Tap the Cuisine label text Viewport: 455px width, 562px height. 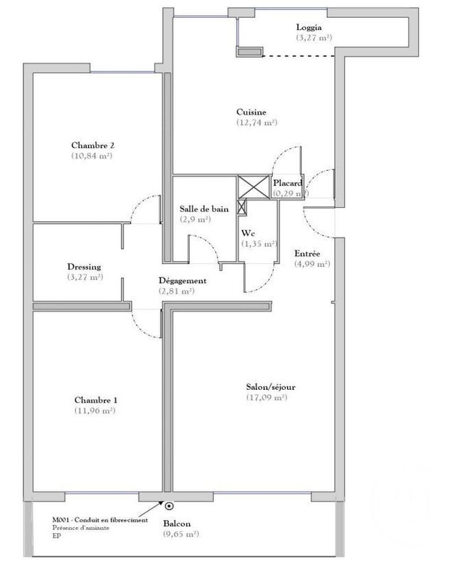[252, 112]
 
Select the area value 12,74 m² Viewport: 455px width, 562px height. [257, 122]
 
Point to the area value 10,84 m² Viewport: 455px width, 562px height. [93, 155]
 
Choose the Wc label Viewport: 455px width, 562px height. [247, 233]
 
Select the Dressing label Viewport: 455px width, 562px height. [84, 267]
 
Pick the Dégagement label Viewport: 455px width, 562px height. [182, 281]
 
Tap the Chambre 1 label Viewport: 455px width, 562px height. [95, 401]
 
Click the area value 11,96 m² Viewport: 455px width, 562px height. [95, 410]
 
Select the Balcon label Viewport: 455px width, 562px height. [177, 523]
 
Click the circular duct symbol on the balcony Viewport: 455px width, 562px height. [169, 507]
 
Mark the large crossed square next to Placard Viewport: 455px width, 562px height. [250, 186]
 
